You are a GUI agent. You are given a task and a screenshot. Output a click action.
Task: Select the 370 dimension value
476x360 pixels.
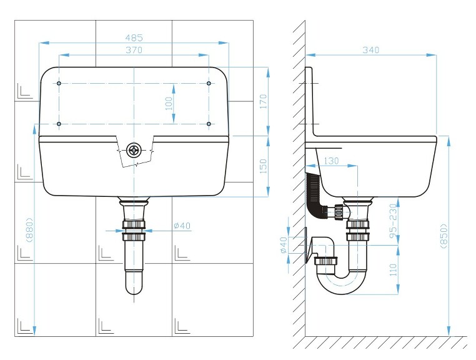pyautogui.click(x=134, y=50)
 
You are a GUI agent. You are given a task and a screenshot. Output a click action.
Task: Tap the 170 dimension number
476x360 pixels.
pyautogui.click(x=263, y=101)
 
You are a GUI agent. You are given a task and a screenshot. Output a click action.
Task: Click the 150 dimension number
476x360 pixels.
pyautogui.click(x=263, y=166)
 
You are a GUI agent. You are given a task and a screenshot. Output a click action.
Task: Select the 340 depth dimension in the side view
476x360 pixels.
pyautogui.click(x=370, y=50)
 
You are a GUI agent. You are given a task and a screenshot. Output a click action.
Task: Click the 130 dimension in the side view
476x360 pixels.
pyautogui.click(x=331, y=161)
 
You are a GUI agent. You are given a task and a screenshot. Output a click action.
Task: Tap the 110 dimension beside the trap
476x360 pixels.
pyautogui.click(x=392, y=269)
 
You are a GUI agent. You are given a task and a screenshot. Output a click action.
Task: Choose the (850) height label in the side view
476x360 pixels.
pyautogui.click(x=444, y=236)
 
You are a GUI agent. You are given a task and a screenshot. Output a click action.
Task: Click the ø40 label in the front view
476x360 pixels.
pyautogui.click(x=182, y=226)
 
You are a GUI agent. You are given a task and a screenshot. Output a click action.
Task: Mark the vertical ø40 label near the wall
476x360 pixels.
pyautogui.click(x=282, y=244)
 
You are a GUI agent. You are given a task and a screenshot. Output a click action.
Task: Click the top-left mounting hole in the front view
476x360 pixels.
pyautogui.click(x=59, y=83)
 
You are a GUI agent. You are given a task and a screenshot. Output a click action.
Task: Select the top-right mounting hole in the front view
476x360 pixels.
pyautogui.click(x=209, y=83)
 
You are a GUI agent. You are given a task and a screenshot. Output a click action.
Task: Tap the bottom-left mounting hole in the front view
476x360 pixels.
pyautogui.click(x=59, y=124)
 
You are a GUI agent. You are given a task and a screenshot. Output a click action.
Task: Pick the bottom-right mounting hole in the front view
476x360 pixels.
pyautogui.click(x=209, y=124)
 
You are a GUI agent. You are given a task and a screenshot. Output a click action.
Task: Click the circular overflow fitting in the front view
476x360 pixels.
pyautogui.click(x=134, y=149)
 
